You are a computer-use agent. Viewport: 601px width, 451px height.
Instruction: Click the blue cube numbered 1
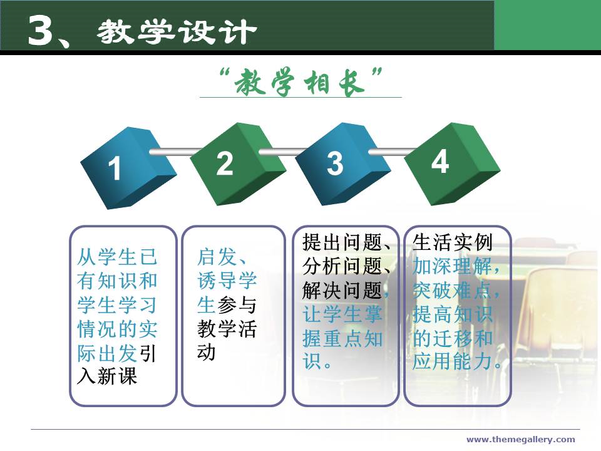coord(128,168)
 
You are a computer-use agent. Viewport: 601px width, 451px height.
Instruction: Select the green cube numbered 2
coord(238,163)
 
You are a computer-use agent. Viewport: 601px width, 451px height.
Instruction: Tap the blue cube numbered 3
coord(342,163)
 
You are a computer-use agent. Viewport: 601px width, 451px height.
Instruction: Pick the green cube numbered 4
coord(452,163)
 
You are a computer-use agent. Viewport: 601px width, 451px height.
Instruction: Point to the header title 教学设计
coord(177,31)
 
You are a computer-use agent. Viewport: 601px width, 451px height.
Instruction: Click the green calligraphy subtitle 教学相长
coord(300,81)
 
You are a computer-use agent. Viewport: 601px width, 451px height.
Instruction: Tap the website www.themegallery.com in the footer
coord(520,439)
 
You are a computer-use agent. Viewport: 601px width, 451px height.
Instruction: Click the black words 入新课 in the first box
coord(107,376)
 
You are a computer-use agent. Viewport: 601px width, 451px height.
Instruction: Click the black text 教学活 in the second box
coord(227,329)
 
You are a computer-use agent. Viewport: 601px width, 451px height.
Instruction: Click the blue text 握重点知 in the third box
coord(342,339)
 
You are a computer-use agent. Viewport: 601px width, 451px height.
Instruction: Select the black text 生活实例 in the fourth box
coord(452,242)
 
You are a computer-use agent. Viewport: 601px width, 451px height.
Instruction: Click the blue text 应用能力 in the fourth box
coord(452,361)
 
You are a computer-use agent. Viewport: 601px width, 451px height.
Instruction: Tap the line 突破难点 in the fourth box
coord(452,290)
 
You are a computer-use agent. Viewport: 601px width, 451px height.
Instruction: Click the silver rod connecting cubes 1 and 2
coord(175,152)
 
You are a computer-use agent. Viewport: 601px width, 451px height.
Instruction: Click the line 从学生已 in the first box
coord(117,257)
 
